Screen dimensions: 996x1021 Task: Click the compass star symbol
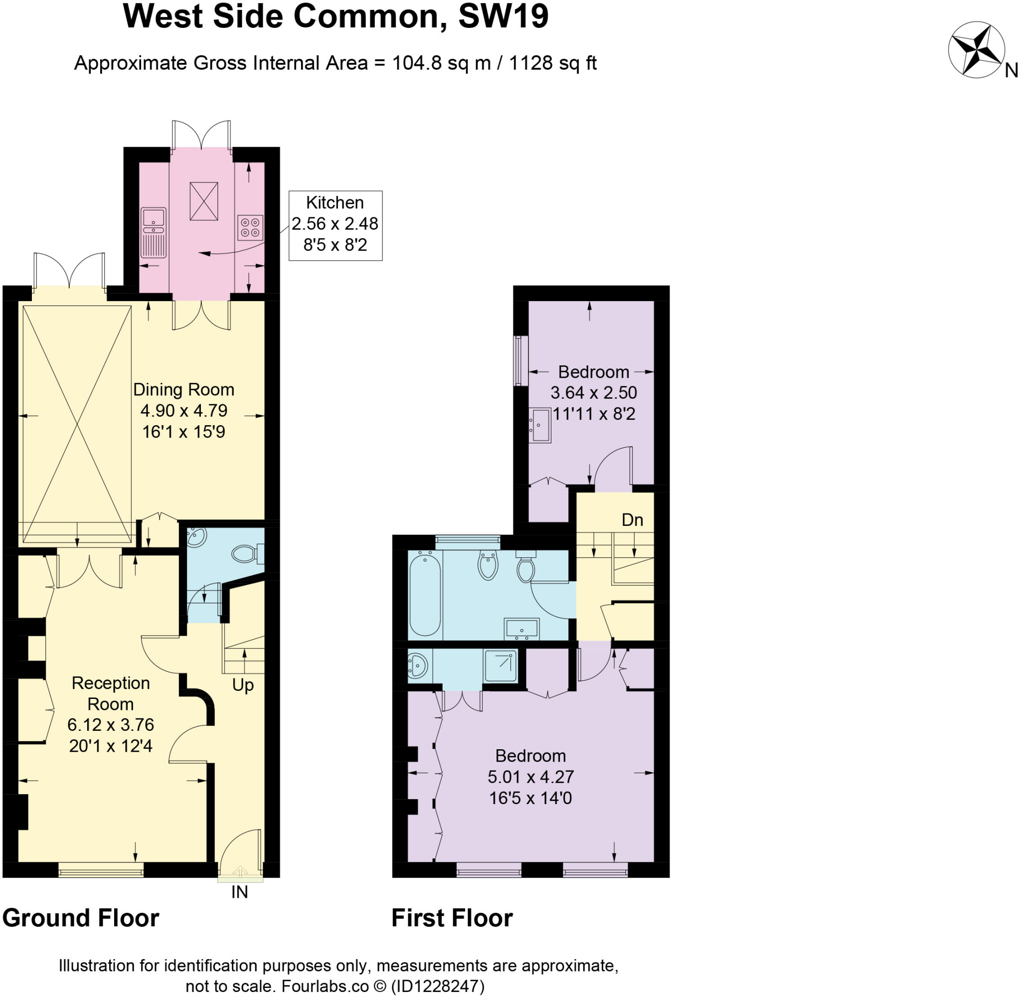click(976, 51)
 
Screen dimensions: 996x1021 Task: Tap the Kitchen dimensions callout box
click(336, 225)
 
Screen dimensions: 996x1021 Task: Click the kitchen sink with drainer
click(153, 232)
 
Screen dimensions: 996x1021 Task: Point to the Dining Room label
click(183, 390)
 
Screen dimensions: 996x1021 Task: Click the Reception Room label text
click(110, 693)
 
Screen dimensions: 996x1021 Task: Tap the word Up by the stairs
click(243, 685)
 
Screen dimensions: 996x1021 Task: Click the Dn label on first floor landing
click(632, 520)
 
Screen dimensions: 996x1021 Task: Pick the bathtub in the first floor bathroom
click(425, 595)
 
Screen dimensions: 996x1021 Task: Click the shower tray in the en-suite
click(501, 665)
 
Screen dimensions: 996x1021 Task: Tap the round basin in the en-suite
click(417, 665)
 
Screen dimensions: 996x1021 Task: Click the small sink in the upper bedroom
click(539, 425)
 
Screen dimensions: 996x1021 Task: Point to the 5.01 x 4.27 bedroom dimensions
click(530, 777)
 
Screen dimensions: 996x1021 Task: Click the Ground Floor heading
click(81, 918)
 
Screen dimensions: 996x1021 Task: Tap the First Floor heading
click(452, 918)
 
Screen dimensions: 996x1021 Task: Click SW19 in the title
click(503, 17)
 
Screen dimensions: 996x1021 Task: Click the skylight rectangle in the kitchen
click(203, 201)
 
